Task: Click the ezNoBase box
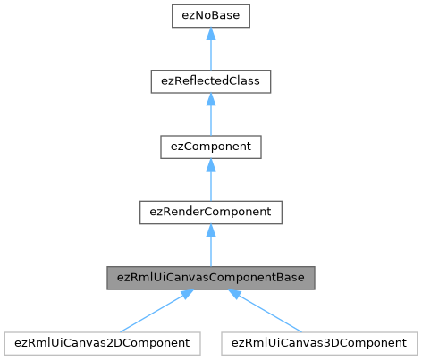pos(210,16)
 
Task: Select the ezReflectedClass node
pos(210,81)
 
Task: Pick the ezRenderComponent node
pos(210,212)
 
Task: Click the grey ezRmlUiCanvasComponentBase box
pos(210,277)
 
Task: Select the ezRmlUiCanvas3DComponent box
pos(320,342)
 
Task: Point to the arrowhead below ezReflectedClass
pos(210,99)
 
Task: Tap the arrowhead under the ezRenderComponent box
pos(210,230)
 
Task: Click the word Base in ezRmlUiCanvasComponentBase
pos(291,277)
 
